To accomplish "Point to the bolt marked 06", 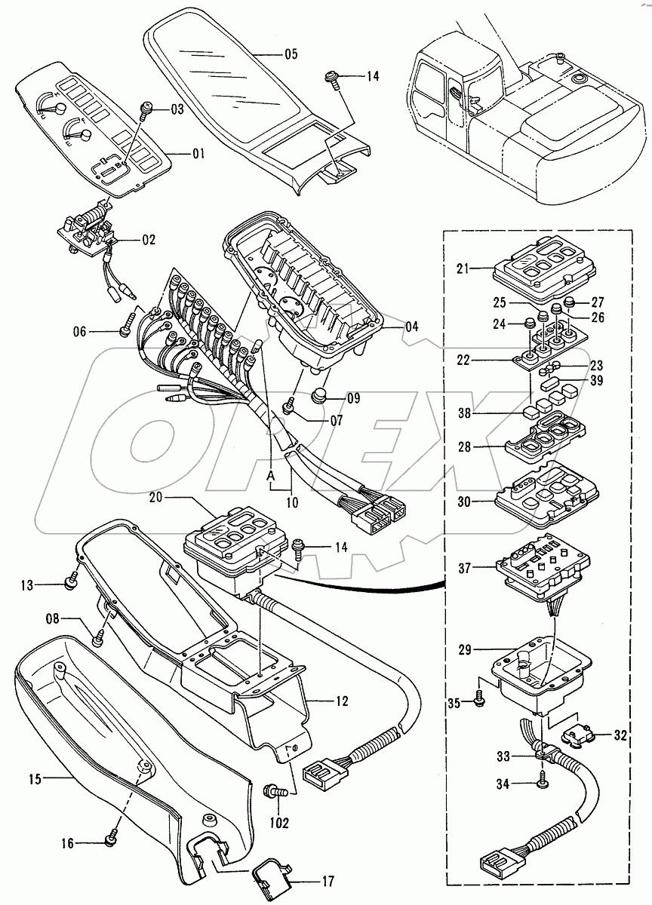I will [x=125, y=330].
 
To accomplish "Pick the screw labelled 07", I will [x=288, y=407].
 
